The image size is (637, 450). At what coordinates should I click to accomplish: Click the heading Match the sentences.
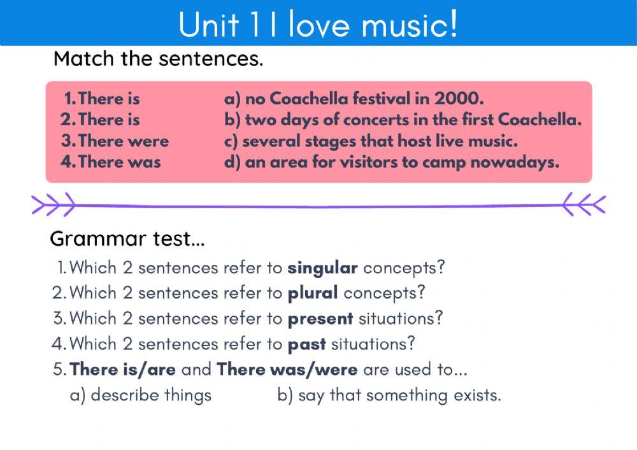[158, 59]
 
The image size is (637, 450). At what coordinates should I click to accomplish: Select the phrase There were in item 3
[124, 141]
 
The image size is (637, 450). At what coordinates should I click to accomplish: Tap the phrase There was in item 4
[120, 162]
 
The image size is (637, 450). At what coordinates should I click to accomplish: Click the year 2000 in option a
[459, 99]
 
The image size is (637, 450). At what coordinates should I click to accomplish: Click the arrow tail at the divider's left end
[53, 204]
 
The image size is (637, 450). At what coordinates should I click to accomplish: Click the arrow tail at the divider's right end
[584, 204]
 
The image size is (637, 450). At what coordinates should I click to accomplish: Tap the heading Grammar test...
[127, 239]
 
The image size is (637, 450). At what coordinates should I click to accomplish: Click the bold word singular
[322, 268]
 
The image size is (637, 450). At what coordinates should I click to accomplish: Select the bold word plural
[313, 293]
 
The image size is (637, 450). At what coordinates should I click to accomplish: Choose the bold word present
[320, 318]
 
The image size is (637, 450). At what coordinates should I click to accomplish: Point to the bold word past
[306, 344]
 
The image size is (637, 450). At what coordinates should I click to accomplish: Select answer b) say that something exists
[389, 395]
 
